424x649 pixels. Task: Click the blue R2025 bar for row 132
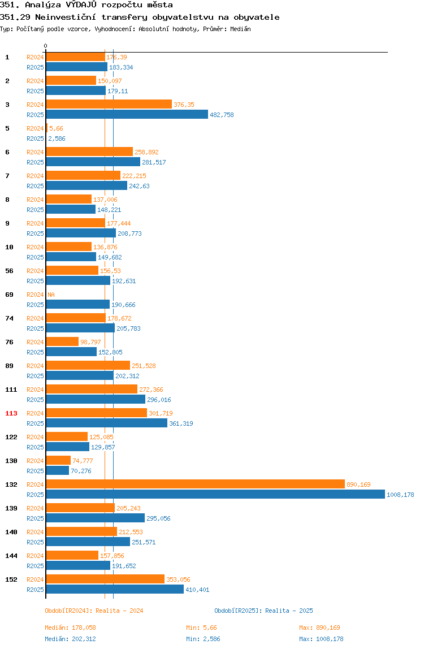click(x=216, y=494)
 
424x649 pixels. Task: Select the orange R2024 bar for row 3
click(x=109, y=104)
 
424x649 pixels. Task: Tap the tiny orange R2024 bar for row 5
click(x=47, y=128)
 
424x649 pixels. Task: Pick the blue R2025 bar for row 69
click(x=78, y=304)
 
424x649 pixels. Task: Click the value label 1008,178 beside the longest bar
click(x=400, y=495)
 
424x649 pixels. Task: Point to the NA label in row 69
click(x=51, y=295)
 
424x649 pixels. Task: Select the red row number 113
click(x=11, y=413)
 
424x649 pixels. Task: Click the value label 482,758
click(x=222, y=115)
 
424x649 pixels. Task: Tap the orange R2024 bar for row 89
click(x=88, y=365)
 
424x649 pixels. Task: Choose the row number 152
click(x=11, y=579)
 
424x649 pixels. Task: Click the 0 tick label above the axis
click(x=46, y=46)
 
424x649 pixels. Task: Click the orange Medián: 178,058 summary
click(x=71, y=628)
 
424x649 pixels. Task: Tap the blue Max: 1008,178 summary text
click(x=321, y=639)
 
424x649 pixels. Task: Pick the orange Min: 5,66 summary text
click(x=201, y=628)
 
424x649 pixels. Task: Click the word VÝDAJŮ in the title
click(x=81, y=5)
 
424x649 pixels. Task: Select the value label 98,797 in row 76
click(x=90, y=342)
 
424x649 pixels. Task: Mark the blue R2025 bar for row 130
click(x=58, y=470)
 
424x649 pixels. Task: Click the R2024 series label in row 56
click(x=35, y=271)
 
